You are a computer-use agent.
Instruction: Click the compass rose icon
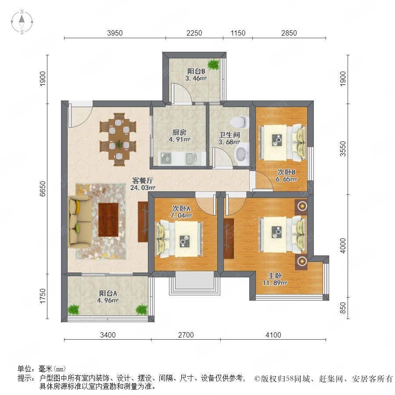coord(22,22)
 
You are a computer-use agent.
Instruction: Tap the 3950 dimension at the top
coord(115,33)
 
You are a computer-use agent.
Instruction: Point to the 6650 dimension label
coord(43,189)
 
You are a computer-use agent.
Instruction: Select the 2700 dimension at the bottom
coord(186,335)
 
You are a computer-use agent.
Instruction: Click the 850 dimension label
coord(343,308)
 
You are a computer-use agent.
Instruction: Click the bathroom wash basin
coord(241,154)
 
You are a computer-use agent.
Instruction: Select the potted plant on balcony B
coord(214,64)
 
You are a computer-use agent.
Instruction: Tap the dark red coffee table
coord(108,220)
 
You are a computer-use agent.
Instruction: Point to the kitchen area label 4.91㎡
coord(180,139)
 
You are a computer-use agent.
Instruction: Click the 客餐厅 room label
coord(143,181)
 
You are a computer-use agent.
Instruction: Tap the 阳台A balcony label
coord(108,294)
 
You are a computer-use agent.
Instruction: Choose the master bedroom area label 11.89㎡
coord(275,283)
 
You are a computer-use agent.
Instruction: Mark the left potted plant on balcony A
coord(74,309)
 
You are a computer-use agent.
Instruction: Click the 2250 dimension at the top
coord(194,33)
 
